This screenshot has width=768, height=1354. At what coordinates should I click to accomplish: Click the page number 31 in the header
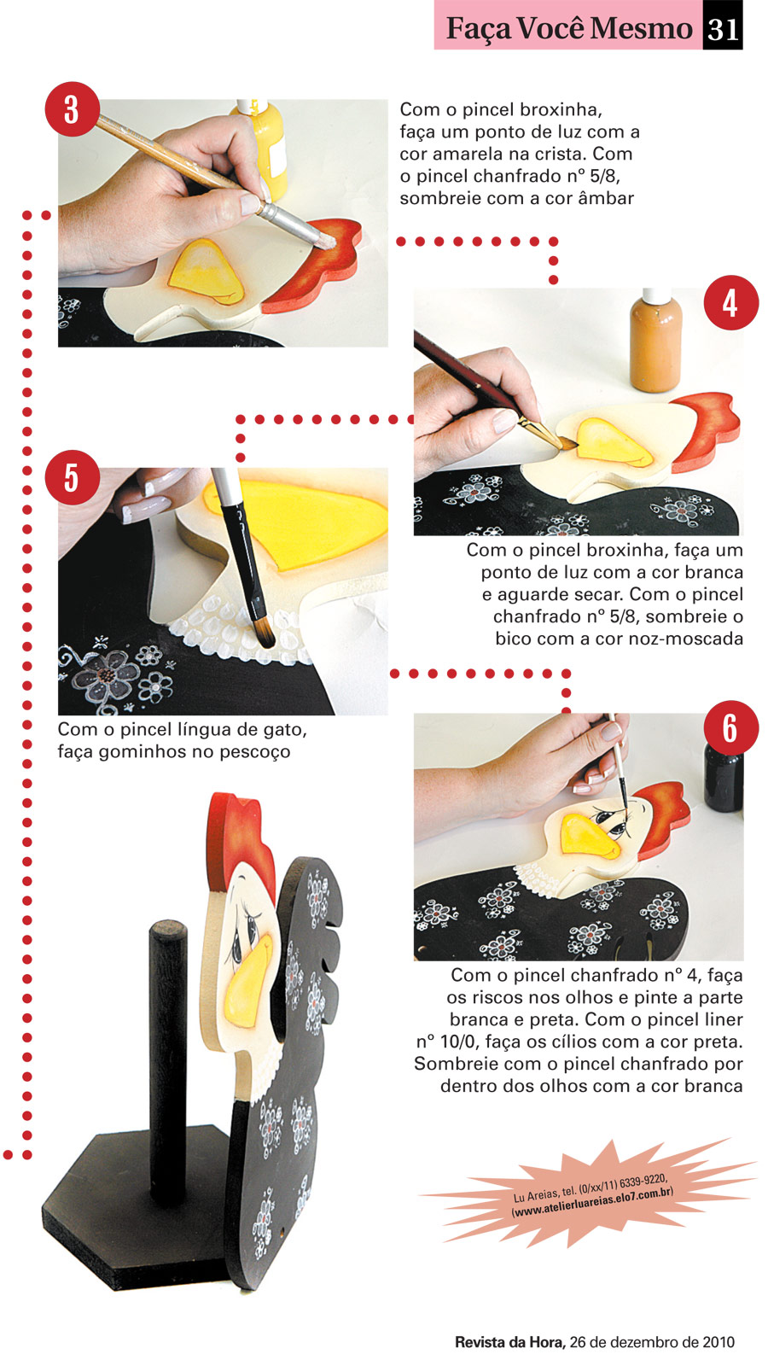pyautogui.click(x=723, y=28)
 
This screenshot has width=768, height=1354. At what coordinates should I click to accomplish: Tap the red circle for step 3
pyautogui.click(x=72, y=109)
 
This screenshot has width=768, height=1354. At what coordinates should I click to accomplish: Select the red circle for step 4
pyautogui.click(x=730, y=303)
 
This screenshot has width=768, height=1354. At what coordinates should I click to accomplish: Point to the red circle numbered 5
pyautogui.click(x=72, y=477)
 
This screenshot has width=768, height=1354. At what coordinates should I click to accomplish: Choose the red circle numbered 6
pyautogui.click(x=730, y=727)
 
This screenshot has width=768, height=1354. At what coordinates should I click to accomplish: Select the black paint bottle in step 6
pyautogui.click(x=724, y=779)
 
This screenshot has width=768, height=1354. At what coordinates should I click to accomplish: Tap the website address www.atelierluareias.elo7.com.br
pyautogui.click(x=592, y=1202)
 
